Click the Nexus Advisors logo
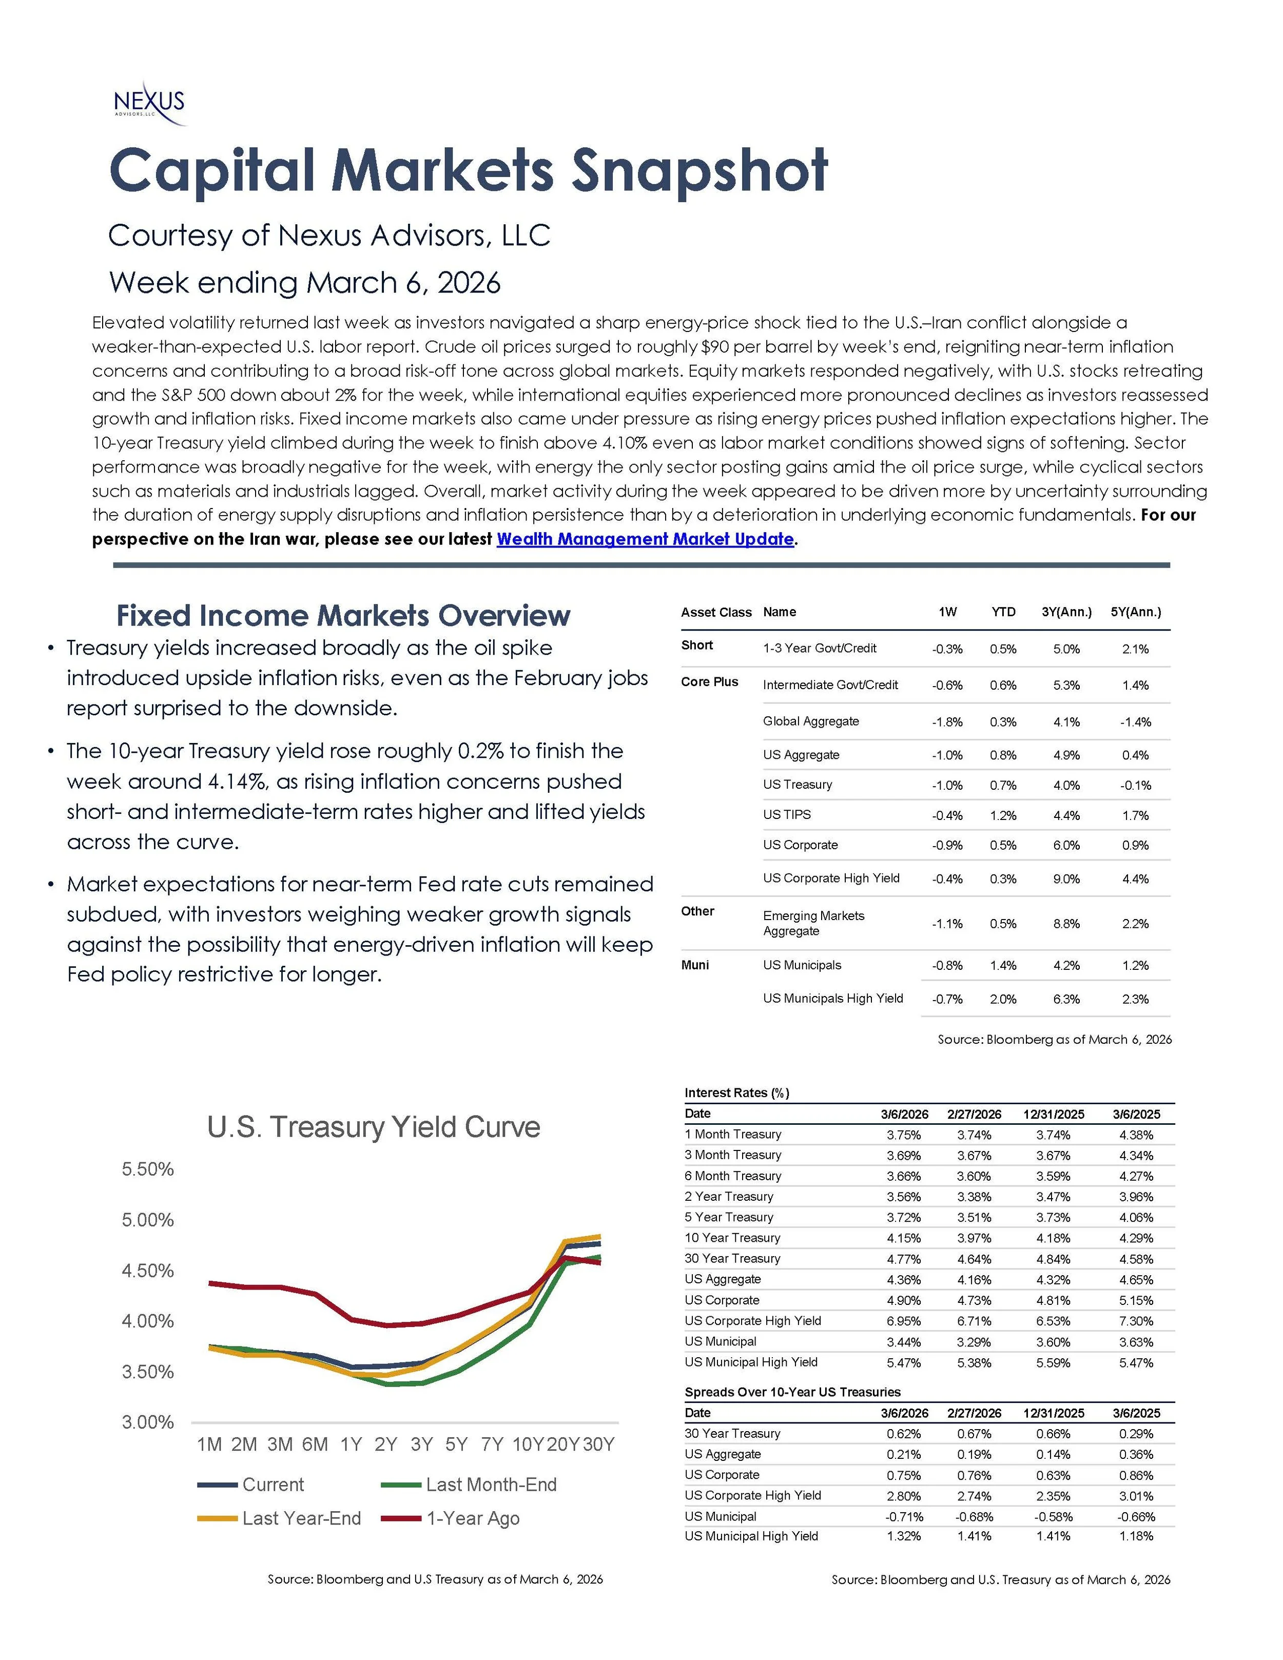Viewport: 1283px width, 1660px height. [x=149, y=103]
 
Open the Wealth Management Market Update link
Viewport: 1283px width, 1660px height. [x=645, y=539]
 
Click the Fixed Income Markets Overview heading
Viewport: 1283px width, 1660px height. [x=343, y=615]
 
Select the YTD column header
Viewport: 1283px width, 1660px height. [x=1003, y=612]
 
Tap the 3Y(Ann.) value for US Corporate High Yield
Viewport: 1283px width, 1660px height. [x=1066, y=878]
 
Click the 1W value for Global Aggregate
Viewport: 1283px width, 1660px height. [x=947, y=722]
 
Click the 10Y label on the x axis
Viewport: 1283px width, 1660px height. [x=528, y=1444]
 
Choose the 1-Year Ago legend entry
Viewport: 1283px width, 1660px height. [x=473, y=1518]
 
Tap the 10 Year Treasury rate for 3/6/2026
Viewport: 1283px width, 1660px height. [x=904, y=1238]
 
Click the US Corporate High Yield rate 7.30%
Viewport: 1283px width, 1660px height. [x=1136, y=1321]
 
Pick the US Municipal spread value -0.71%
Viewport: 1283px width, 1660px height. [x=904, y=1516]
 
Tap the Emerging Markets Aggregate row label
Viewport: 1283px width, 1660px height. [x=813, y=923]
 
